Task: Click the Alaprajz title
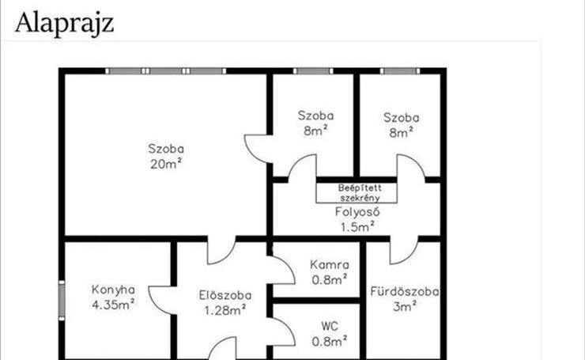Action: coord(64,24)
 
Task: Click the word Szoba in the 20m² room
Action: coord(166,149)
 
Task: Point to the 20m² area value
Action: coord(166,164)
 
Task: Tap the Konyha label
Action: coord(113,290)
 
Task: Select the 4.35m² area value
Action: coord(113,305)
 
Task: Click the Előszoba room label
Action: coord(225,295)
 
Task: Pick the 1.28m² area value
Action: coord(225,310)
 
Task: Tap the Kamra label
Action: coord(330,265)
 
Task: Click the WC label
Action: coord(330,327)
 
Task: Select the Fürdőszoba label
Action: coord(405,291)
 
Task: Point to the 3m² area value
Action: coord(405,307)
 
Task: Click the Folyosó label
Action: coord(357,212)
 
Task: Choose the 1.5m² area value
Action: coord(357,226)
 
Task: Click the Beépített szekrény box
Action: coord(357,193)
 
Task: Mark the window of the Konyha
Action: coord(62,300)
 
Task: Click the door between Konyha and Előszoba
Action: coord(161,300)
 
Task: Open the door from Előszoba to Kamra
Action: coord(282,270)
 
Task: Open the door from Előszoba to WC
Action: coord(282,332)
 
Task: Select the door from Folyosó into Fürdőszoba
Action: coord(405,250)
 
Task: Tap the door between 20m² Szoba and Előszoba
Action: coord(221,250)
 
